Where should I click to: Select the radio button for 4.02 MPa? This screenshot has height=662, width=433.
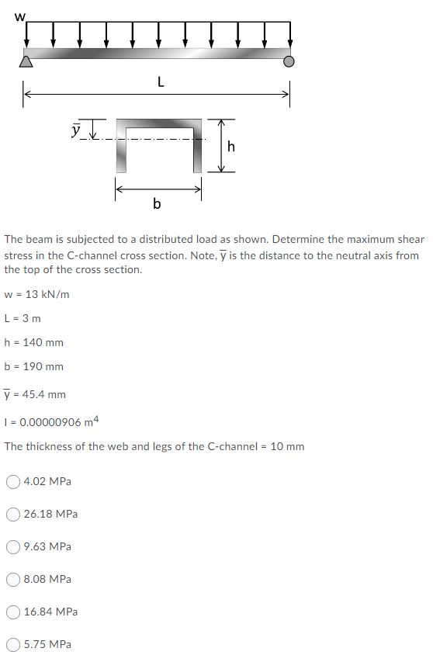(13, 481)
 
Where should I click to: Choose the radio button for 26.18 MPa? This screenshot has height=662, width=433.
(13, 514)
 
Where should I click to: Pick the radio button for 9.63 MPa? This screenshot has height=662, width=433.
(13, 546)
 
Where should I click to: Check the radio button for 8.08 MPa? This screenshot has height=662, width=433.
(13, 579)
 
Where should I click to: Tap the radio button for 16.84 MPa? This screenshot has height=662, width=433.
(13, 612)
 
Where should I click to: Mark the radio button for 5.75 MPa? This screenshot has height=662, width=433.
(13, 644)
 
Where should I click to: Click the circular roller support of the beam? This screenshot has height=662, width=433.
(289, 61)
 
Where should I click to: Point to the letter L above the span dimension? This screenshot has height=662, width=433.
(160, 81)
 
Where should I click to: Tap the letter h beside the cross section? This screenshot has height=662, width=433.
(230, 147)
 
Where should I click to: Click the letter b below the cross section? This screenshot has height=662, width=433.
(157, 204)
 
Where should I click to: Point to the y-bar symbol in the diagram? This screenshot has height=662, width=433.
(76, 130)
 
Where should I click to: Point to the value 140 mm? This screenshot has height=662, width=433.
(44, 342)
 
